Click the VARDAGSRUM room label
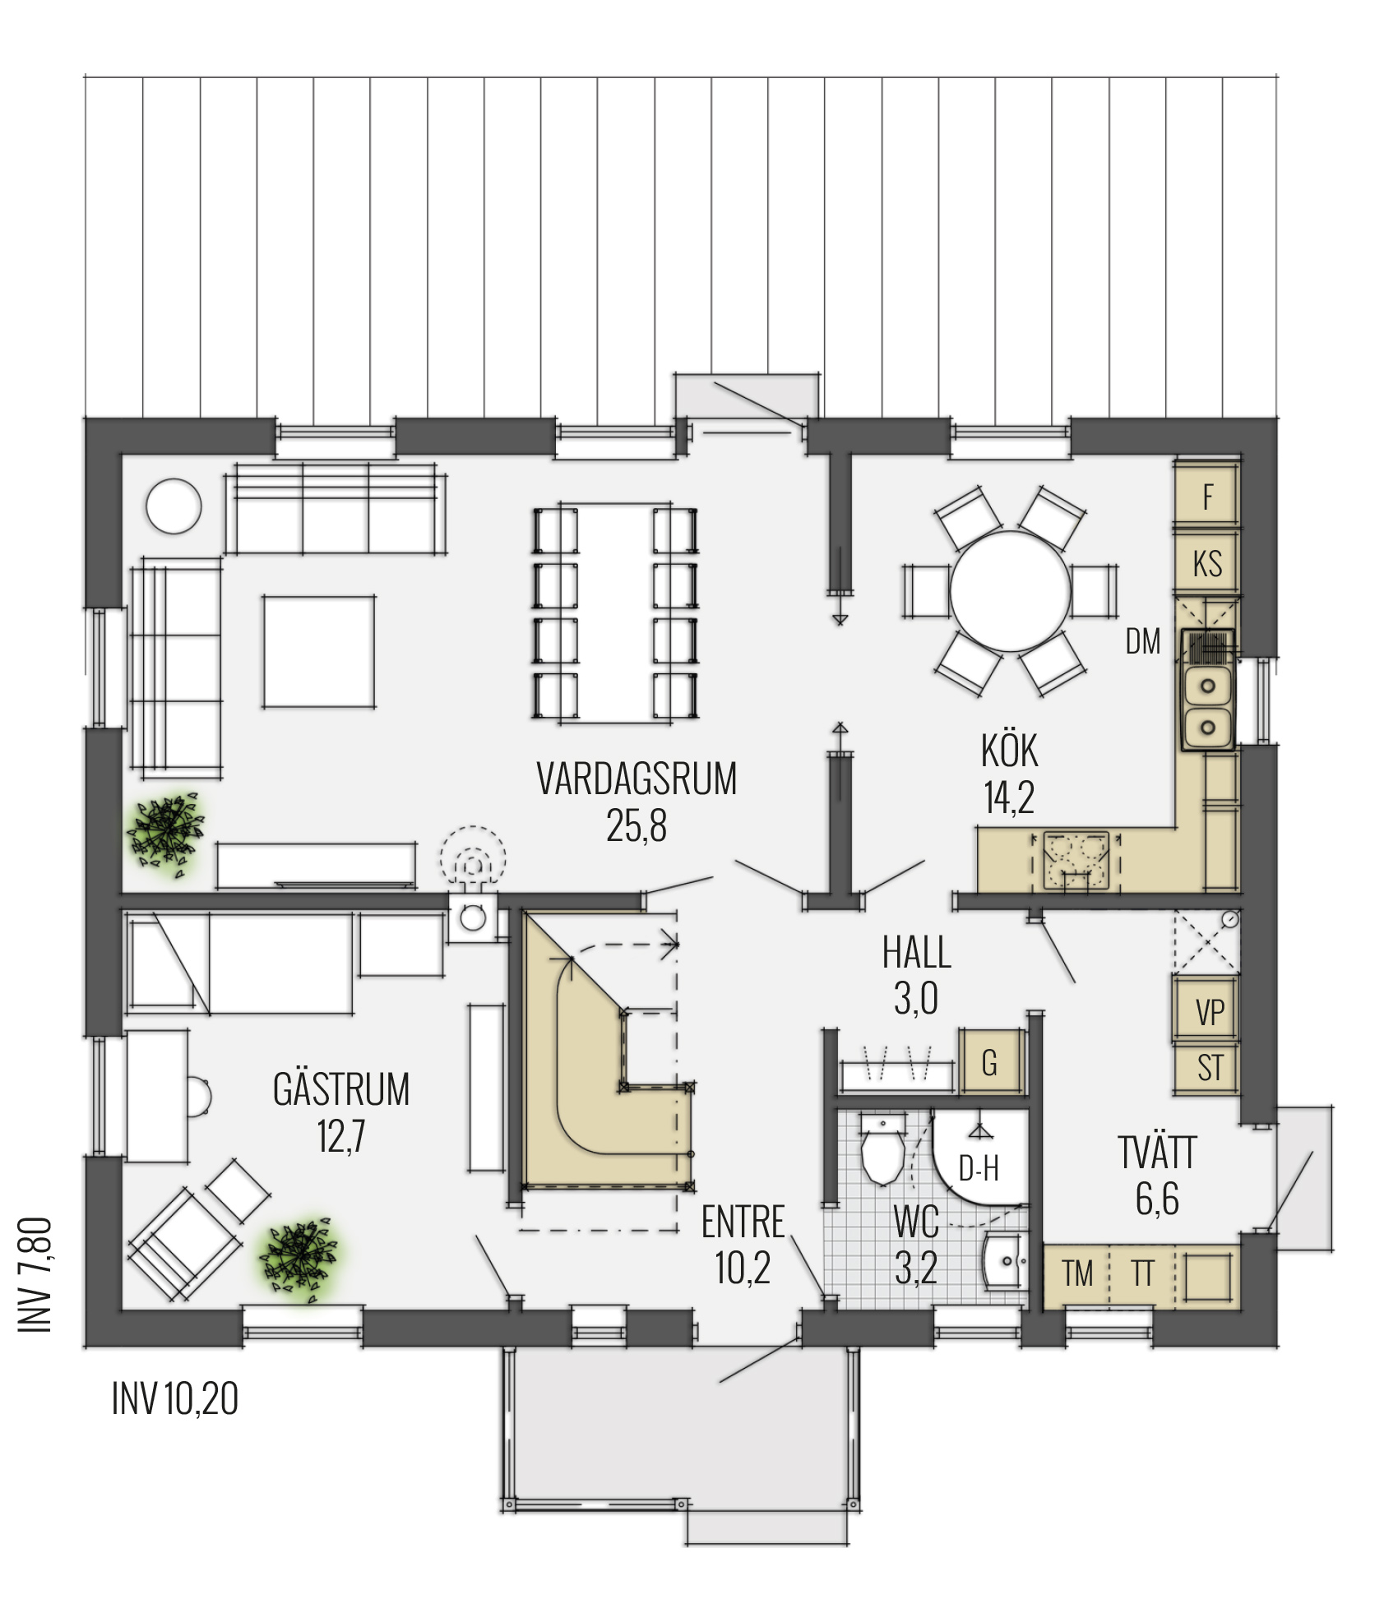click(x=637, y=779)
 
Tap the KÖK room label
click(x=1009, y=750)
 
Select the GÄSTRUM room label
click(x=341, y=1088)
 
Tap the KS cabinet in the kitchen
click(x=1207, y=563)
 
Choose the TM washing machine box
click(x=1076, y=1273)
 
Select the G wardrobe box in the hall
click(x=989, y=1062)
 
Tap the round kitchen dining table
click(x=1011, y=592)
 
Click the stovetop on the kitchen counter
click(x=1076, y=861)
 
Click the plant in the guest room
click(x=300, y=1259)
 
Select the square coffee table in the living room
click(x=319, y=651)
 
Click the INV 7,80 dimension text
click(x=35, y=1275)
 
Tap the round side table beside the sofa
click(x=174, y=506)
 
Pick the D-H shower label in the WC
click(x=979, y=1167)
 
